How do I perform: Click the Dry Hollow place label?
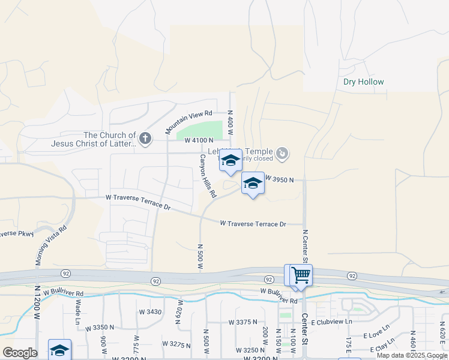[363, 82]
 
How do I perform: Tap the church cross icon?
[145, 139]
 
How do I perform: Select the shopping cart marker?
[300, 275]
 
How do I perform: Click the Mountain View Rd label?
[188, 122]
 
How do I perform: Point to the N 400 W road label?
[229, 124]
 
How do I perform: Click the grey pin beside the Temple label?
[282, 154]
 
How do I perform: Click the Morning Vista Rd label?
[51, 245]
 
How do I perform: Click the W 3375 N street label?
[243, 322]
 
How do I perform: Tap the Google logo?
[20, 353]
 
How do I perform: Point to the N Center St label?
[306, 246]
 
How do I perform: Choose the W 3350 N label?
[100, 328]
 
